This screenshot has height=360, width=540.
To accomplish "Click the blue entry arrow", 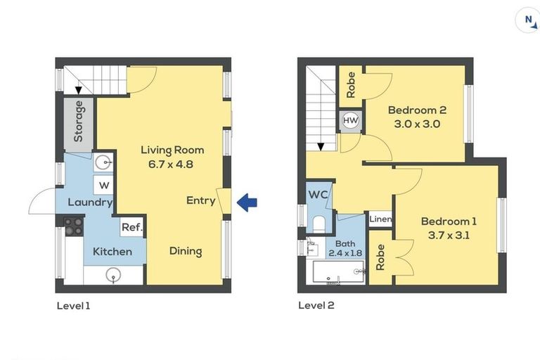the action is click(x=247, y=202).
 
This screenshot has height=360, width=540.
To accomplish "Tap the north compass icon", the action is click(x=527, y=20).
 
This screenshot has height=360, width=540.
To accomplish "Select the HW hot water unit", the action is click(x=351, y=120).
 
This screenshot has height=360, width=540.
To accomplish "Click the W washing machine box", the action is click(x=103, y=186).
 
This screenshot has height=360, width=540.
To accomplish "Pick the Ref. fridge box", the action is click(x=132, y=227).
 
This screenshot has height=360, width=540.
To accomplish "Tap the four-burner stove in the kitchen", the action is click(x=74, y=226).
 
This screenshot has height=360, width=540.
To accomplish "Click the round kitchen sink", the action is click(x=114, y=276).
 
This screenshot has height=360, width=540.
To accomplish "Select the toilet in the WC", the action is click(x=319, y=224).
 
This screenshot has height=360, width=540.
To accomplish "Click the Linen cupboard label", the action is click(x=380, y=219).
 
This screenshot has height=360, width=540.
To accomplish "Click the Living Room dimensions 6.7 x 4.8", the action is click(x=171, y=164).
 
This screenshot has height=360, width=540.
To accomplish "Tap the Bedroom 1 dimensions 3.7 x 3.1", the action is click(x=449, y=236).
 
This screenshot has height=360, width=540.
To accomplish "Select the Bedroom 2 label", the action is click(x=417, y=110).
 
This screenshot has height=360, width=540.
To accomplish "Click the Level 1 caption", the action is click(x=73, y=306).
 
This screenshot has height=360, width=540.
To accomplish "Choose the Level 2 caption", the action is click(x=316, y=305).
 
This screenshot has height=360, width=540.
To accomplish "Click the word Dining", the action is click(x=186, y=251).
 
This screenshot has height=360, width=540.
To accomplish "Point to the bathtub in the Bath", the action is click(x=338, y=272).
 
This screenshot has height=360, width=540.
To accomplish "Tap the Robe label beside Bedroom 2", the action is click(x=351, y=85).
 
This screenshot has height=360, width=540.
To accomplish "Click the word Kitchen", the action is click(x=112, y=252).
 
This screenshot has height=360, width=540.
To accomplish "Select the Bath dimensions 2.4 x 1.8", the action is click(x=345, y=253).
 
